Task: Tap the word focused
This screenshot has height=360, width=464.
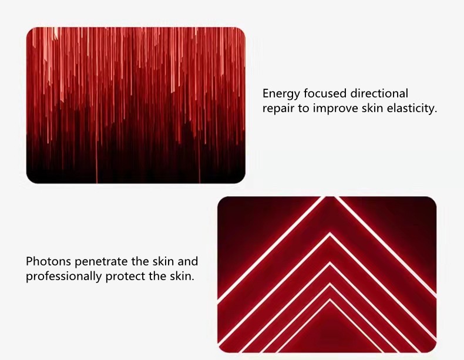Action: click(x=325, y=93)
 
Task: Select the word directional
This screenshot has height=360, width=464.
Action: click(x=379, y=93)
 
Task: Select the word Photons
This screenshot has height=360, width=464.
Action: click(x=48, y=261)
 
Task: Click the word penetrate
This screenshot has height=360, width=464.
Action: click(x=101, y=262)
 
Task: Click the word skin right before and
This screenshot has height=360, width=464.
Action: click(x=163, y=261)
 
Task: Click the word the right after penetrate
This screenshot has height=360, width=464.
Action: click(x=140, y=261)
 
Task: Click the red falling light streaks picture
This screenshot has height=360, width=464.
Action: click(x=136, y=105)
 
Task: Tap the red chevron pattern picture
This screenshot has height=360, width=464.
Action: click(x=327, y=274)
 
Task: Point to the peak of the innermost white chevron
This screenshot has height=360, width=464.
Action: click(x=330, y=301)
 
